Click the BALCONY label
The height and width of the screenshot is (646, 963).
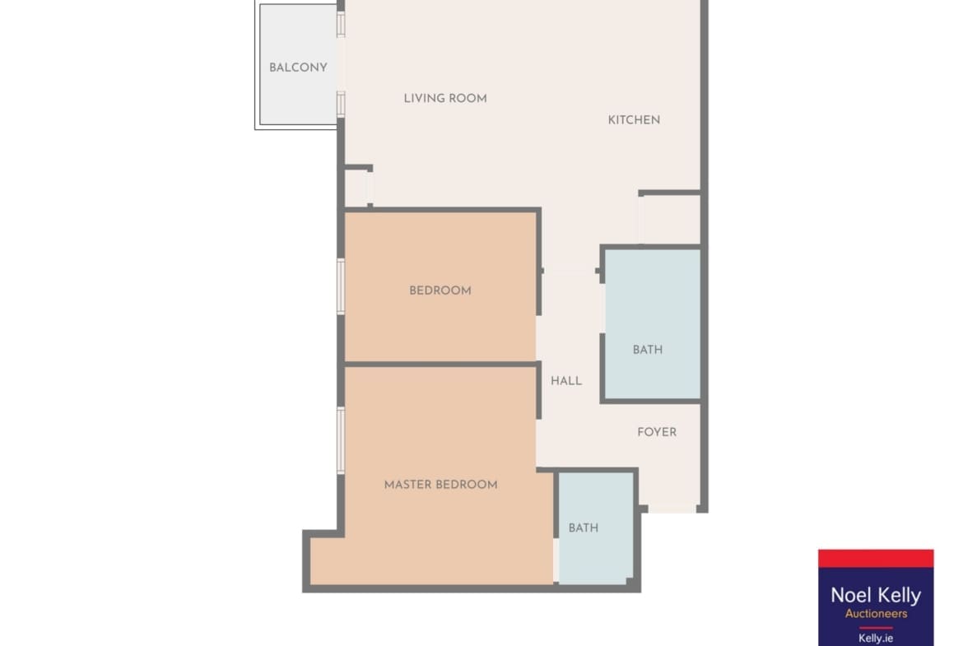point(298,67)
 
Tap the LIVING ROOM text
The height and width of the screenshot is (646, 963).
point(445,98)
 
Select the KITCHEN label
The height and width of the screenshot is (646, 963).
point(634,120)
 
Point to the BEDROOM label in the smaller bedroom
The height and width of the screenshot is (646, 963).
point(440,290)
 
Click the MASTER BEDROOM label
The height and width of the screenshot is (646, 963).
point(441,485)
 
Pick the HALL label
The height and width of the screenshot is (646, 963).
point(566,381)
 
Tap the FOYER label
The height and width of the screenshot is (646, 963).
point(657,432)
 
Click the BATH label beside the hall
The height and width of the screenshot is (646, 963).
point(648,350)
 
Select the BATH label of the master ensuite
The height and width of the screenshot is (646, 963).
point(584,527)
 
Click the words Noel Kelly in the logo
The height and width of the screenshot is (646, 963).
point(876,595)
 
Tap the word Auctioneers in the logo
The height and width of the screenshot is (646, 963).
point(876,613)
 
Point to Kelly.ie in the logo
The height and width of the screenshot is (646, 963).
point(876,639)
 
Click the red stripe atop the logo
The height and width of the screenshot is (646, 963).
point(876,558)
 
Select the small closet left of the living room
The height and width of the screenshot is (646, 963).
point(356,188)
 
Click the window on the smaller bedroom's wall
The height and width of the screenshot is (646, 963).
point(341,286)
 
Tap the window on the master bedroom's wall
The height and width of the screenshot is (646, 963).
point(341,441)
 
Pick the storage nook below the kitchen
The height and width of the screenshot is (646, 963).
point(670,220)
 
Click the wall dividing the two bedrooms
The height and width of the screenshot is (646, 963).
point(441,364)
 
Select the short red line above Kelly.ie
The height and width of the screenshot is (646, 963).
point(876,628)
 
